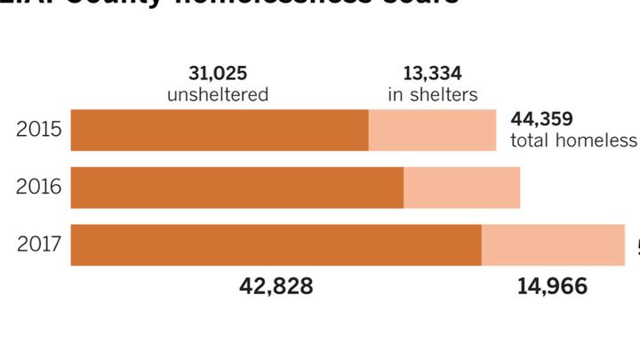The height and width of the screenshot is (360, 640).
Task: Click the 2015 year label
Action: point(38,130)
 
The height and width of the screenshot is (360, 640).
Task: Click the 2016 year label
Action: point(38,187)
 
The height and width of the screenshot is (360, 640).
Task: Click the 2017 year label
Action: point(38,244)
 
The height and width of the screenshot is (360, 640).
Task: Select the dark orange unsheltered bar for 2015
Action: point(219,130)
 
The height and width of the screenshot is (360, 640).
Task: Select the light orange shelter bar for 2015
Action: point(432,130)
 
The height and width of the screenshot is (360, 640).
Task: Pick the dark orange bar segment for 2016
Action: point(236,187)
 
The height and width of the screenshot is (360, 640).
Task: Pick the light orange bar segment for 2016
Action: point(461,187)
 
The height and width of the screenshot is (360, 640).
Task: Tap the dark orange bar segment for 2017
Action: point(276,244)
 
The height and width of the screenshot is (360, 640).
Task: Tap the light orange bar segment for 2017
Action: point(553,244)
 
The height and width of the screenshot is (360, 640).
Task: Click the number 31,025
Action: point(218,73)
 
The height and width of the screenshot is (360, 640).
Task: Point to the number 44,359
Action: point(542,120)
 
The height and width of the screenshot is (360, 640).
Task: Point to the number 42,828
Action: point(276,287)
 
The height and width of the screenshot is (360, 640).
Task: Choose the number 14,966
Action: point(554,287)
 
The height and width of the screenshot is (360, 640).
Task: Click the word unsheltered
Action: point(218,94)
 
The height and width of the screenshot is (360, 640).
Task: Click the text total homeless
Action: point(573,141)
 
